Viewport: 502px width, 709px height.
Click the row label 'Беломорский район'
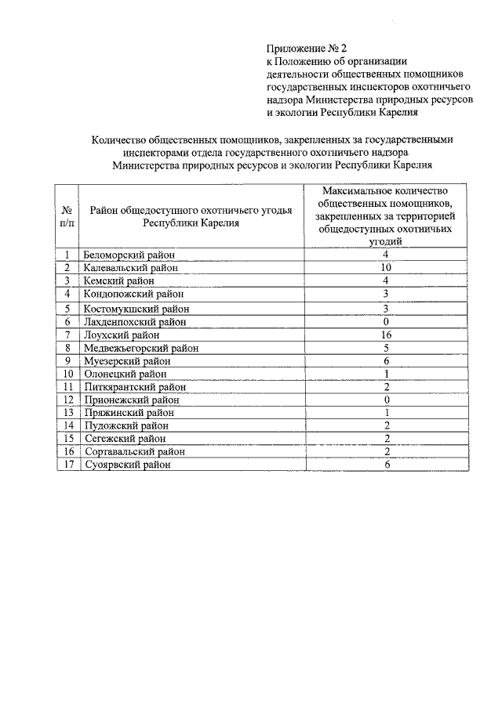[x=129, y=255]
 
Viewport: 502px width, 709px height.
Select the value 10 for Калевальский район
[x=386, y=268]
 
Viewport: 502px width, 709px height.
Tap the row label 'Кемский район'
[x=119, y=281]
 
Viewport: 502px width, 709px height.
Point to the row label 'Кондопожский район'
[x=133, y=295]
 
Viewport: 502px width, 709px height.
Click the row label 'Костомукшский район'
[x=135, y=309]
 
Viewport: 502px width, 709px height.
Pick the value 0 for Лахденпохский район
[x=386, y=321]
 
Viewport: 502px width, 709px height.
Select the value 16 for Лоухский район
[x=386, y=335]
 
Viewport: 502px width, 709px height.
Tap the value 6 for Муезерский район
[x=386, y=361]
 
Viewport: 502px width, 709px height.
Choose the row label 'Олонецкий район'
[x=125, y=374]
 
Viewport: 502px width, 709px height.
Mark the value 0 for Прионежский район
[x=386, y=400]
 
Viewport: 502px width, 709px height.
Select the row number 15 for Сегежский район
[x=68, y=439]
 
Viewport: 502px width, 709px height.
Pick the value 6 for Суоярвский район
[x=386, y=465]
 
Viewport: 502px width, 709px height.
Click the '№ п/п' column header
[x=67, y=217]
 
